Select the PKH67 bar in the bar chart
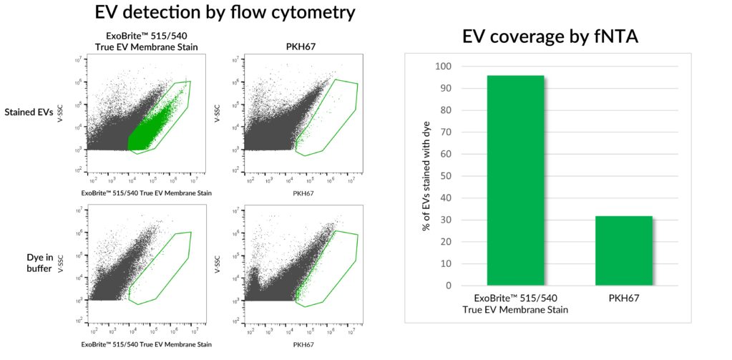tap(623, 250)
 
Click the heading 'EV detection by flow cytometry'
tap(225, 13)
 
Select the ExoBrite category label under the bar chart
tap(515, 303)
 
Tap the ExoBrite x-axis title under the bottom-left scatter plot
tap(140, 344)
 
